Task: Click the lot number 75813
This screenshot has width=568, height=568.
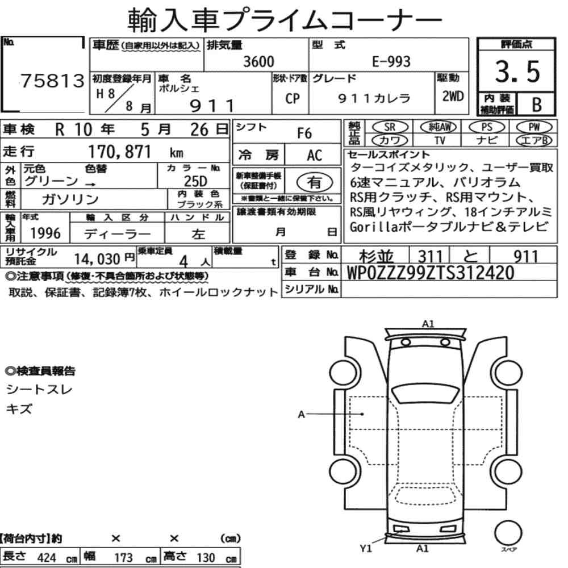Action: [52, 81]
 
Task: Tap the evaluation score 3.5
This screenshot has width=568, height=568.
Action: [517, 72]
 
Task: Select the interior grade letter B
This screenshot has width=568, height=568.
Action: [537, 105]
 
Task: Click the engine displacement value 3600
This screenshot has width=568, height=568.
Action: [258, 61]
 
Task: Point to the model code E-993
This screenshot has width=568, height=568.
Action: [391, 61]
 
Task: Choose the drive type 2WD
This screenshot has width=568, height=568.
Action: [453, 96]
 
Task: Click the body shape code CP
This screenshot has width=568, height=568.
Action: [293, 98]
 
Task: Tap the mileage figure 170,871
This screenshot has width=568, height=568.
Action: [119, 152]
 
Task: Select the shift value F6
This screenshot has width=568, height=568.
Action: [304, 133]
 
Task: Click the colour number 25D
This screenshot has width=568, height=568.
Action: [195, 181]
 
